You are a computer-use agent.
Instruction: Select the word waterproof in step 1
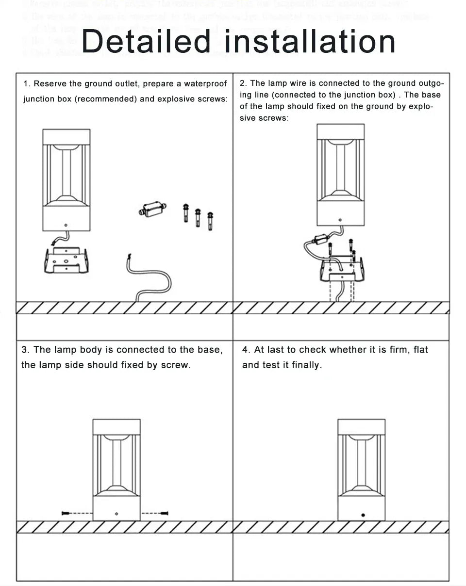coord(205,84)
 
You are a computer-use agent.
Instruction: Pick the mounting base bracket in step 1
coord(66,260)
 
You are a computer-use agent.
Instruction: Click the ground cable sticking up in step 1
coord(150,279)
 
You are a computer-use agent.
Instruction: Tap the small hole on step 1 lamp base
coord(67,225)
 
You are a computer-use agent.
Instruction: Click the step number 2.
coord(243,83)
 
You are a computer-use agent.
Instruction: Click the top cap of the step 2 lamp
coord(340,132)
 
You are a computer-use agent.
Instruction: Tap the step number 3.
coord(25,350)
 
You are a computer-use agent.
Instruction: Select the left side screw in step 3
coord(68,513)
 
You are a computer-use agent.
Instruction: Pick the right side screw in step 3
coord(164,513)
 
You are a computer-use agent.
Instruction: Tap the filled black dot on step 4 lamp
coord(363,515)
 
